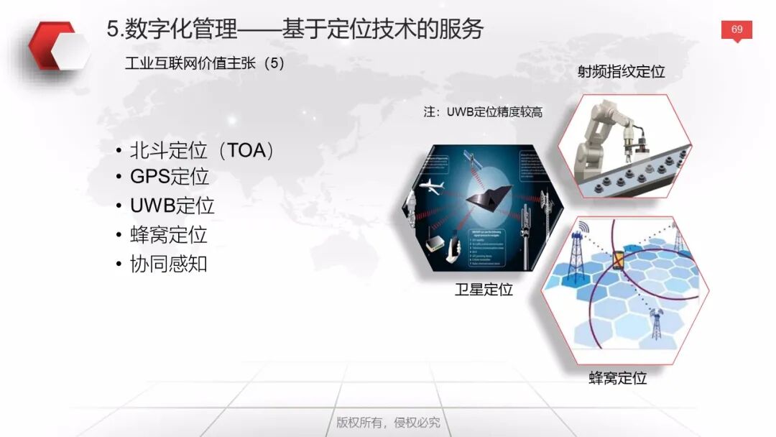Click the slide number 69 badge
[736, 29]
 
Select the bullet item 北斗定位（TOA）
[203, 150]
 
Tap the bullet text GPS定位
[170, 176]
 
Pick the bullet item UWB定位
[172, 205]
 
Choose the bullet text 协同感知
[169, 263]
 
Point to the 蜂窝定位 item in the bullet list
[169, 234]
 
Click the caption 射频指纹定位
[621, 71]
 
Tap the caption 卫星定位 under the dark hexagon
[484, 290]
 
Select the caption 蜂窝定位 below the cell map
[618, 378]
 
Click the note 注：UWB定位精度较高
[483, 112]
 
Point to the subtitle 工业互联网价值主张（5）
[205, 63]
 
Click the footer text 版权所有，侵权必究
[388, 422]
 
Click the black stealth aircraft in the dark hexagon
[488, 196]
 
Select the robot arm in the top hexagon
[611, 133]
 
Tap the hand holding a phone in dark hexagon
[453, 252]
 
